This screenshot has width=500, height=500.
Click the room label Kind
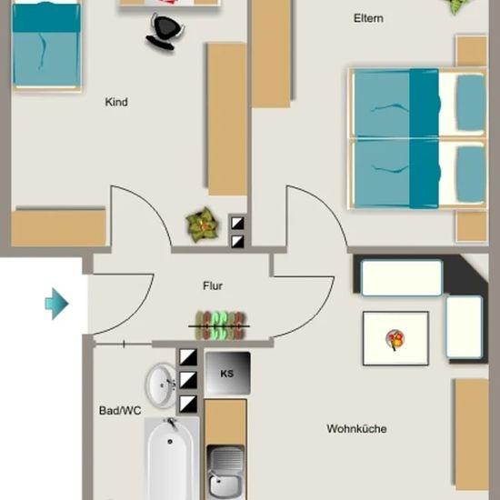(116, 102)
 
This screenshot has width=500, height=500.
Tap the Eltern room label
(368, 18)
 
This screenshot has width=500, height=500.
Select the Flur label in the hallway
(213, 285)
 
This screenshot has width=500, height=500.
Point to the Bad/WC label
(120, 410)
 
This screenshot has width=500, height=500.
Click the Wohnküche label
(356, 428)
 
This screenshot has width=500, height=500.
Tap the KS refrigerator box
(227, 373)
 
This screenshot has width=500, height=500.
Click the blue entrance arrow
(56, 304)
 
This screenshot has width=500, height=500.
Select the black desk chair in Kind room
(165, 32)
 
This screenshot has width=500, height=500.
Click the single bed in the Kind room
(46, 46)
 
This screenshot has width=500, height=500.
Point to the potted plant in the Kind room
(203, 225)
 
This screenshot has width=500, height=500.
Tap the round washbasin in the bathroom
(161, 385)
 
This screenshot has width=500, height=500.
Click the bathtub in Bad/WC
(172, 459)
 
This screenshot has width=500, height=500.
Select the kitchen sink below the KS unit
(225, 473)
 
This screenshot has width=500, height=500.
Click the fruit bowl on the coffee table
(395, 339)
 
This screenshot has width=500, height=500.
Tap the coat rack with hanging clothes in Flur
(220, 325)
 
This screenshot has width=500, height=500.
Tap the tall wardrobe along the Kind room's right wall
(227, 119)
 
